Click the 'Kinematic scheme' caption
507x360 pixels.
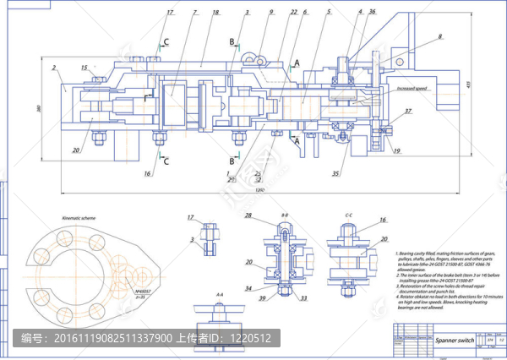click(80, 217)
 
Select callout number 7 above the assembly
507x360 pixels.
click(194, 13)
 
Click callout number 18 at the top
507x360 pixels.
click(215, 13)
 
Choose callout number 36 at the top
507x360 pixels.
click(373, 12)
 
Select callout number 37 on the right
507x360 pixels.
click(408, 112)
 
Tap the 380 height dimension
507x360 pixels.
click(39, 108)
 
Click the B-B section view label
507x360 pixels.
click(285, 216)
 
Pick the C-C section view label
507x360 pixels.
click(348, 216)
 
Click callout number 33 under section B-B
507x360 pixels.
click(304, 298)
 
